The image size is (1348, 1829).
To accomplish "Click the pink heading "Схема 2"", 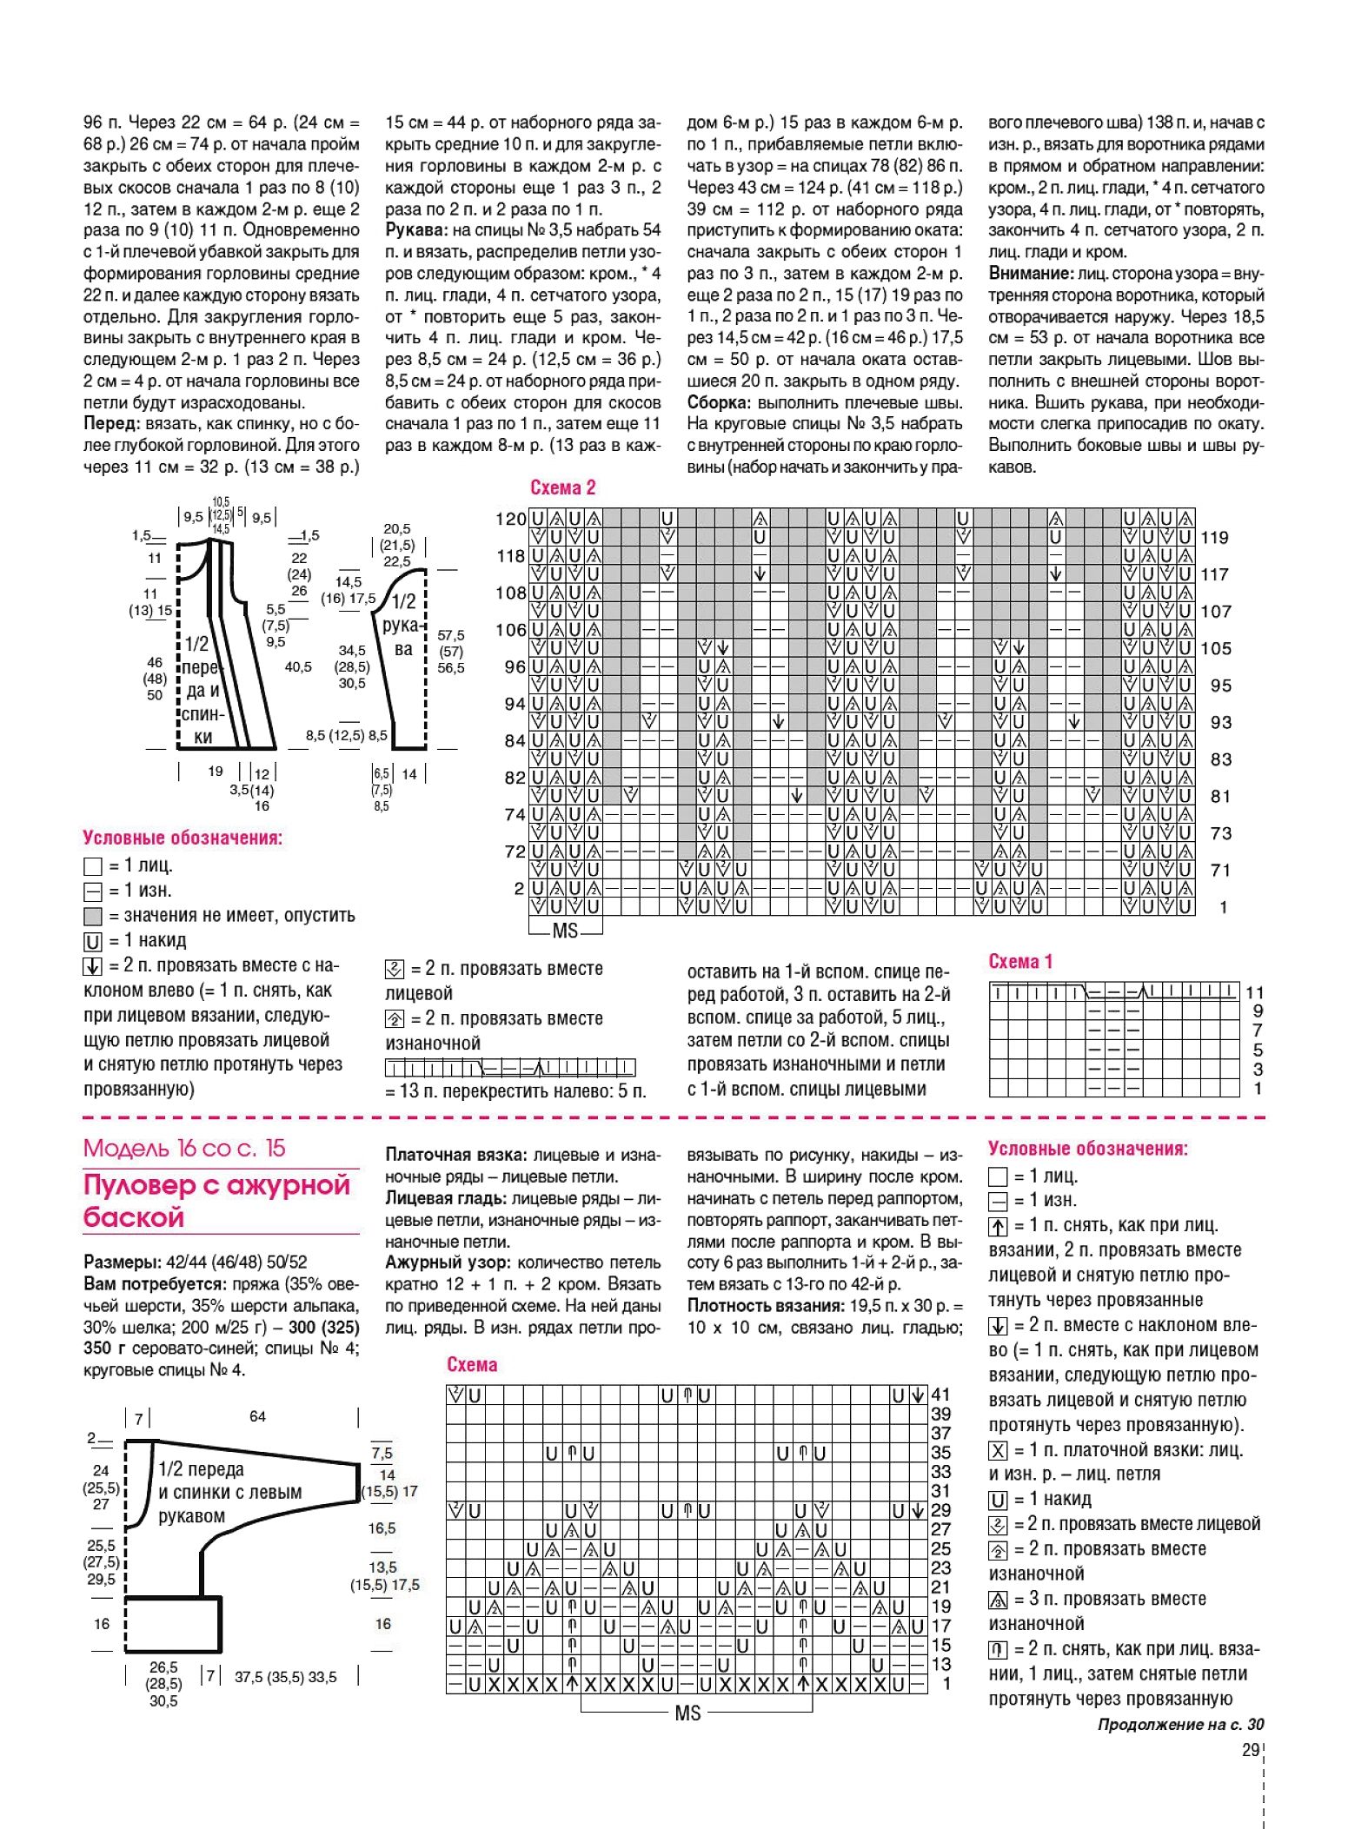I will pos(562,487).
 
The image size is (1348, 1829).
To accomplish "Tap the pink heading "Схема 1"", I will pos(1020,961).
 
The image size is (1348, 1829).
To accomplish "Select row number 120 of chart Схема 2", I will pos(510,519).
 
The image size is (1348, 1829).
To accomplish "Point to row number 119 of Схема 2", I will pos(1214,537).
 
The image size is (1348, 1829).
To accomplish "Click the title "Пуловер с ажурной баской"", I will pos(216,1200).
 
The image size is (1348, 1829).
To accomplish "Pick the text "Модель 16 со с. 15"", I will pos(184,1148).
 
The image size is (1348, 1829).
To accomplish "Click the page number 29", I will pos(1251,1750).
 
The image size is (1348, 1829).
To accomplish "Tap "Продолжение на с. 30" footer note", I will pos(1180,1725).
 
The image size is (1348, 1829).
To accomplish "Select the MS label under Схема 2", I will pos(565,931).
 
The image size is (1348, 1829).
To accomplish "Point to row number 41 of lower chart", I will pos(940,1395).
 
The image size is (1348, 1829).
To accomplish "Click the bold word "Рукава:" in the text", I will pos(416,230).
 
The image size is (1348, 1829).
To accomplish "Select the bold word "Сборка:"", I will pos(719,402).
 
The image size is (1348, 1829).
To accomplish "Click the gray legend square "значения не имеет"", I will pos(93,916).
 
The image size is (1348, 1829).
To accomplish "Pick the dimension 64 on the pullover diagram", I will pos(257,1416).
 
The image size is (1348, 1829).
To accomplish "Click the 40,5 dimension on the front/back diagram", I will pos(298,666).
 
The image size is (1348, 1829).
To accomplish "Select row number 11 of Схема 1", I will pos(1254,992).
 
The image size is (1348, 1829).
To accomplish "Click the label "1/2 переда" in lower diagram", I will pos(201,1469).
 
